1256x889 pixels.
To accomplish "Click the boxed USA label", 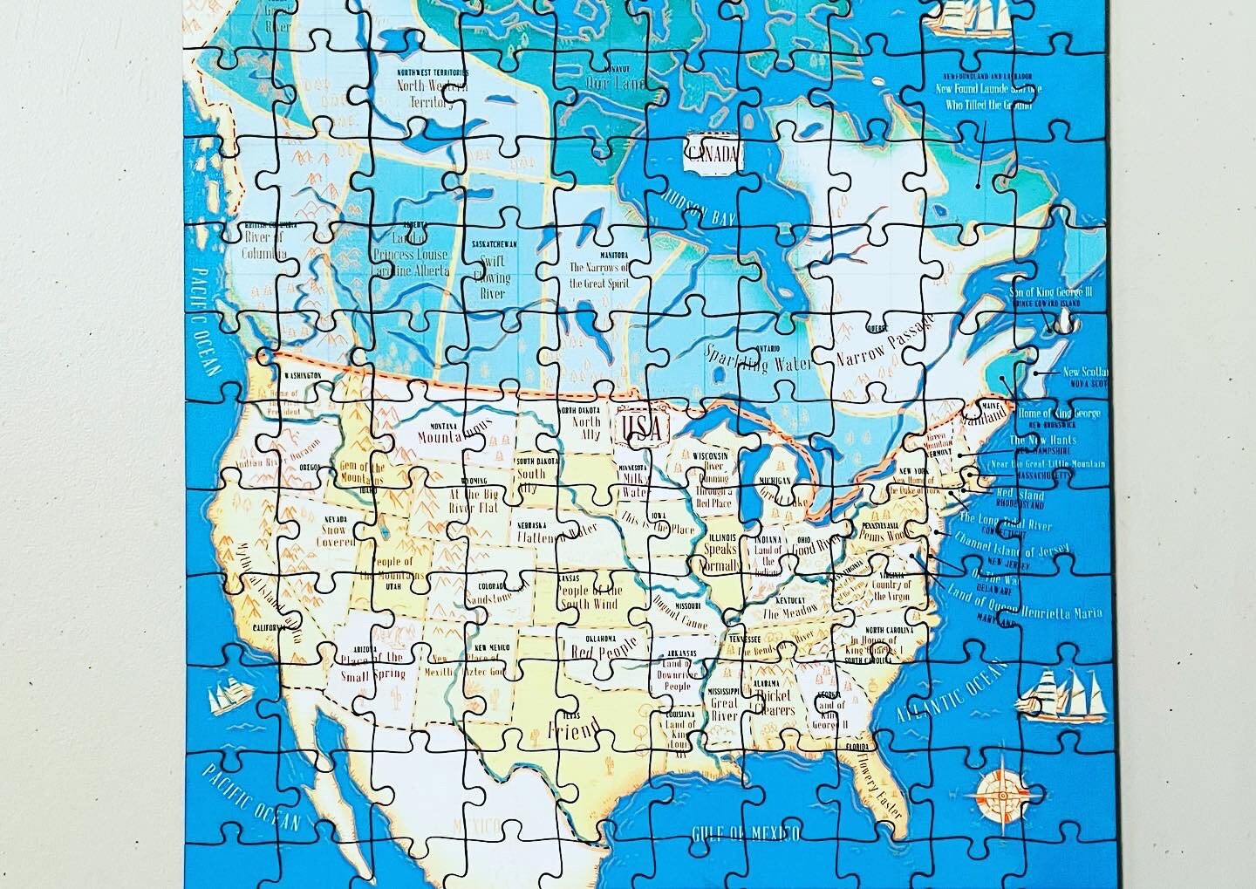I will (x=645, y=427).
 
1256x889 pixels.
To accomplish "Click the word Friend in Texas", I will (x=573, y=727).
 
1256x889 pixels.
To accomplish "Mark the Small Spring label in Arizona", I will (x=373, y=673).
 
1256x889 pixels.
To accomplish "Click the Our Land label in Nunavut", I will (x=615, y=84).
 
